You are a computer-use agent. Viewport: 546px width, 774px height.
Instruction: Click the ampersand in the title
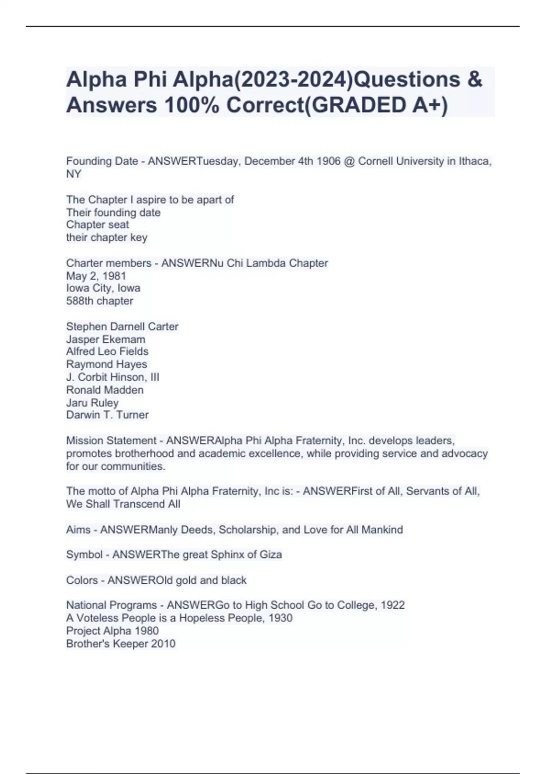pyautogui.click(x=475, y=79)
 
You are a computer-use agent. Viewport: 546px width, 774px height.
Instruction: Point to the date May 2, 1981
pyautogui.click(x=96, y=276)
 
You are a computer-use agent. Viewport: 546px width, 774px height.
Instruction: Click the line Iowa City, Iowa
pyautogui.click(x=103, y=288)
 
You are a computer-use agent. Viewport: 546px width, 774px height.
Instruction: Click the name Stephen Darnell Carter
pyautogui.click(x=122, y=326)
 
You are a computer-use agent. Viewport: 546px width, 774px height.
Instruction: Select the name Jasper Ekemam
pyautogui.click(x=106, y=339)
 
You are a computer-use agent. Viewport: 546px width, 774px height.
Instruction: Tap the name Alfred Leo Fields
pyautogui.click(x=107, y=351)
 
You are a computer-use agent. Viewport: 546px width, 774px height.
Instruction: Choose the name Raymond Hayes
pyautogui.click(x=106, y=364)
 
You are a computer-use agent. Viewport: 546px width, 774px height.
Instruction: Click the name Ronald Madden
pyautogui.click(x=105, y=390)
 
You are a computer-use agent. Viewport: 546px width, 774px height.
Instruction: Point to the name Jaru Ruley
pyautogui.click(x=92, y=403)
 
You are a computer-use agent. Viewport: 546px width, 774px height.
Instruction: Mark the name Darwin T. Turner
pyautogui.click(x=107, y=415)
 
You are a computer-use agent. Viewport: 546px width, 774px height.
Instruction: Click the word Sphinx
pyautogui.click(x=227, y=555)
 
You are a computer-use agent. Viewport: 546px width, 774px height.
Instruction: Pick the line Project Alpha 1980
pyautogui.click(x=112, y=631)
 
